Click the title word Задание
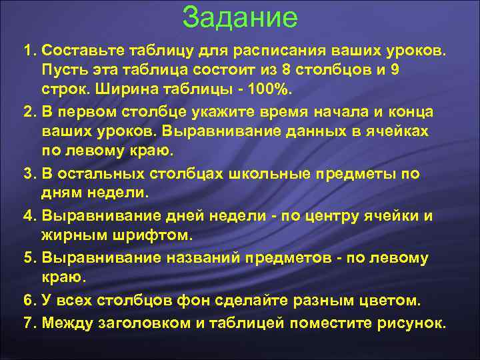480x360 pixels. pyautogui.click(x=240, y=17)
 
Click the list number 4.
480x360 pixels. pyautogui.click(x=28, y=215)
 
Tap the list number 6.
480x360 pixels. pyautogui.click(x=28, y=300)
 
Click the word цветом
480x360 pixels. pyautogui.click(x=391, y=300)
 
